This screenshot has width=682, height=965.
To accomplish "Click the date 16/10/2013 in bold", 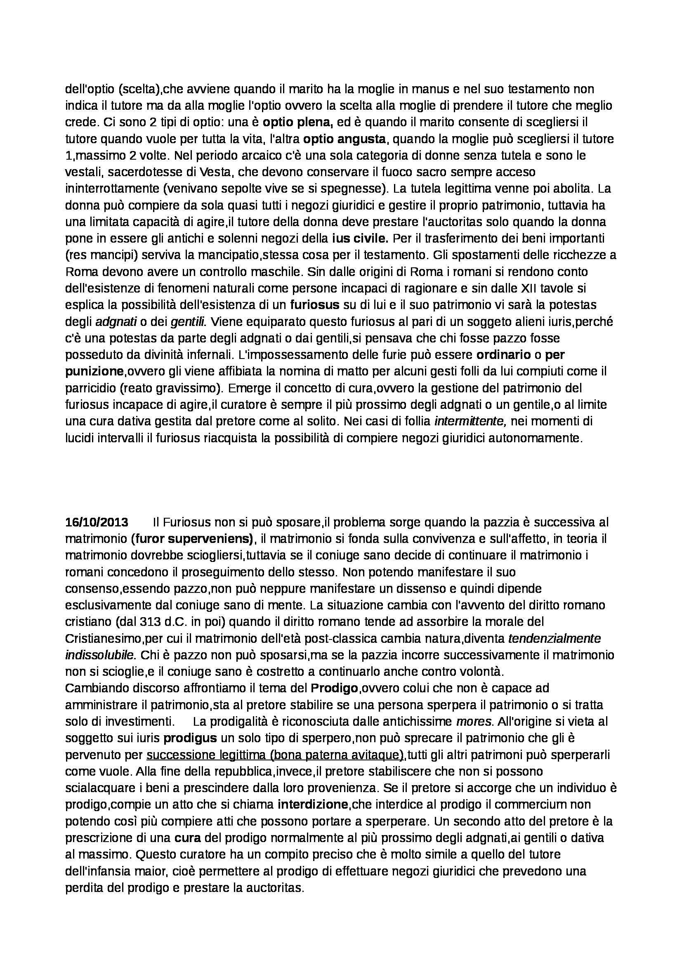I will tap(97, 522).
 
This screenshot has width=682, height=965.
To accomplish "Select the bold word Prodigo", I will tap(334, 689).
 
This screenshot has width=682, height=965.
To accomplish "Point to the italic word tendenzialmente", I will tap(554, 639).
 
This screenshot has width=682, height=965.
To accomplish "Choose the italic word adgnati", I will tap(116, 322).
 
